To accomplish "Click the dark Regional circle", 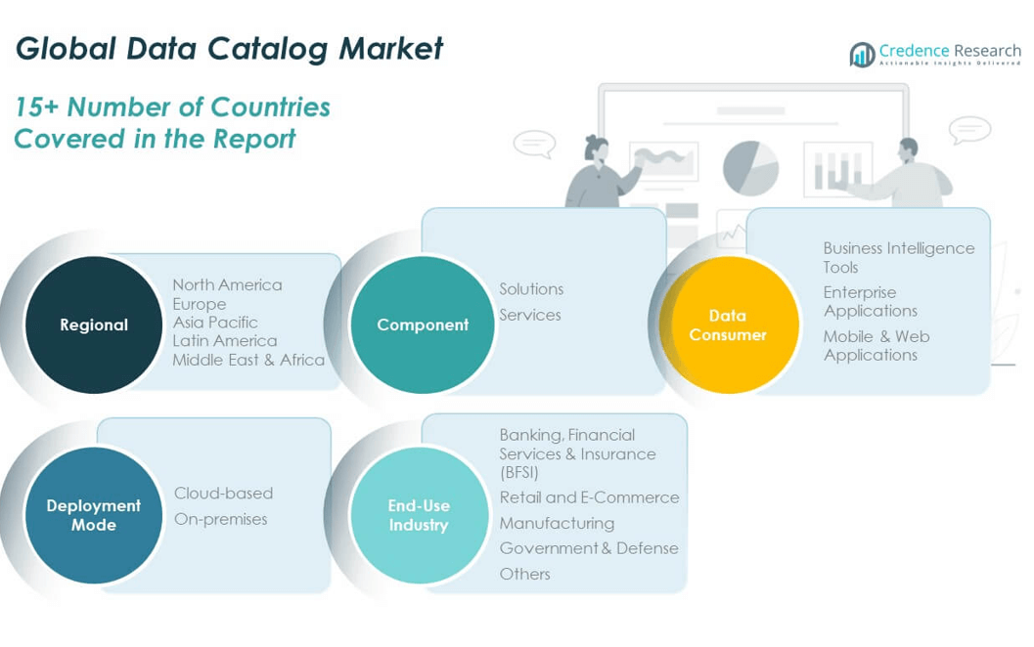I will coord(94,324).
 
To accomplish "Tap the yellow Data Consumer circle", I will coord(729,324).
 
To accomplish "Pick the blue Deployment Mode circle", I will coord(94,515).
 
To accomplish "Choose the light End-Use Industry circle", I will coord(419,515).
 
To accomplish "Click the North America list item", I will coord(227,284).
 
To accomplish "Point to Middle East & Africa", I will coord(248,360).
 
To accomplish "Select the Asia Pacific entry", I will coord(215,323).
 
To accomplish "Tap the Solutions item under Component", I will coord(531,289).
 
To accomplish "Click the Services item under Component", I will coord(530,315).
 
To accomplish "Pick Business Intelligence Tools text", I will coord(898,257).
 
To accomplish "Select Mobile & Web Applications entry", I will coord(877,345).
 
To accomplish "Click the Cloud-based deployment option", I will coord(223,494).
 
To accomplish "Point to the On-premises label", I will coord(220,519).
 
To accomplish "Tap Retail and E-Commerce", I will coord(589,497).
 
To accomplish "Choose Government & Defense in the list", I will coord(589,548).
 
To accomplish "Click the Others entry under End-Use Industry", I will coord(524,574).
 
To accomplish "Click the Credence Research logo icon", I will coord(862,55).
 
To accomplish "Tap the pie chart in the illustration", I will coord(750,167).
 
